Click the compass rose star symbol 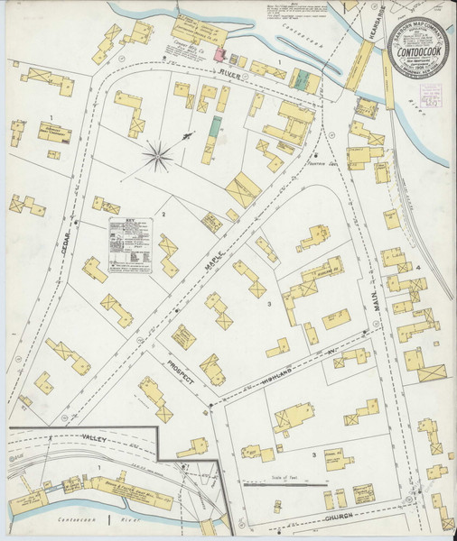[x=158, y=159]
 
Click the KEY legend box [x=130, y=244]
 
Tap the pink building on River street [x=220, y=56]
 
